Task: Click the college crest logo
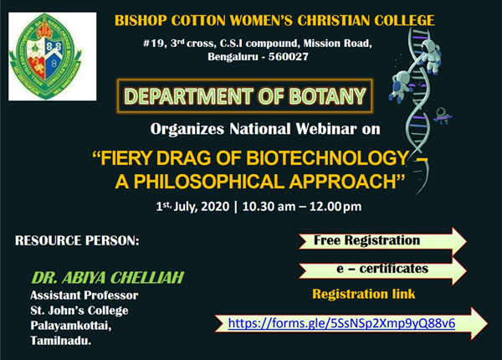click(52, 56)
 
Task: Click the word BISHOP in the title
click(141, 20)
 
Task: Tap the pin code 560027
click(289, 57)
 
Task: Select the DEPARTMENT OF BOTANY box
click(244, 95)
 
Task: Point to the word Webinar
click(326, 129)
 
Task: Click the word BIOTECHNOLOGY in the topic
click(327, 158)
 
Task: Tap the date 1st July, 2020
click(192, 206)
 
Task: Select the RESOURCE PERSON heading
click(77, 241)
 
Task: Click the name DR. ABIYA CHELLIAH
click(108, 277)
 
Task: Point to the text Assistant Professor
click(85, 295)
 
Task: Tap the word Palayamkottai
click(71, 326)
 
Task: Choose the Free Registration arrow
click(382, 240)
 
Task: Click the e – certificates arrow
click(382, 270)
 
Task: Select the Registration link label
click(364, 294)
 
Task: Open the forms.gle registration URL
click(341, 323)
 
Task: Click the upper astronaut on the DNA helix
click(431, 56)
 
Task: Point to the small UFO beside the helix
click(443, 116)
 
